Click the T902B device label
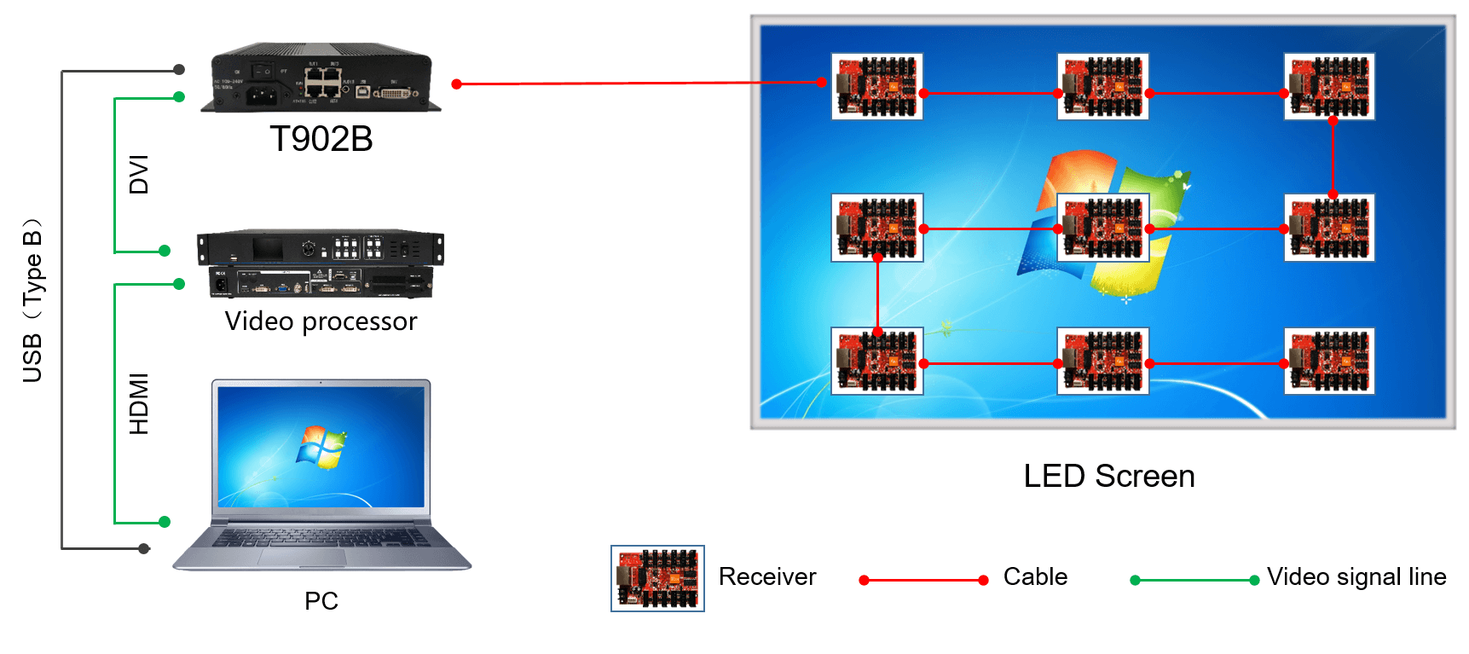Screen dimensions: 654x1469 click(321, 139)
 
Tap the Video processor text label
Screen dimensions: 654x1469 click(321, 321)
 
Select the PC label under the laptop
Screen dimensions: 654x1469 click(321, 601)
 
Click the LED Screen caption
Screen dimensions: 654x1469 click(1108, 476)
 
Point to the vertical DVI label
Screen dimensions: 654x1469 click(139, 175)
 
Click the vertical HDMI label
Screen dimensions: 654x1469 click(139, 403)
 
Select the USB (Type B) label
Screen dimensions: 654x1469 click(32, 301)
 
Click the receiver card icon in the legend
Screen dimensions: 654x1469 click(657, 578)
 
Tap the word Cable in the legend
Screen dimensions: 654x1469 click(1035, 577)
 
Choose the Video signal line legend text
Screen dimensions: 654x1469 click(1356, 577)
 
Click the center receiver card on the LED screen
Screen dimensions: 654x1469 click(1102, 228)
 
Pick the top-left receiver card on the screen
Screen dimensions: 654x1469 click(876, 86)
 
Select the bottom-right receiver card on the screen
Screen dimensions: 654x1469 click(1328, 361)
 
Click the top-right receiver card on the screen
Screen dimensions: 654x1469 click(1328, 86)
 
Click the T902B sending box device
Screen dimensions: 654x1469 click(321, 78)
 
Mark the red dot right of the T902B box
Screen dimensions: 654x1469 click(457, 84)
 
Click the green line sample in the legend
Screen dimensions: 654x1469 click(1194, 580)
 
